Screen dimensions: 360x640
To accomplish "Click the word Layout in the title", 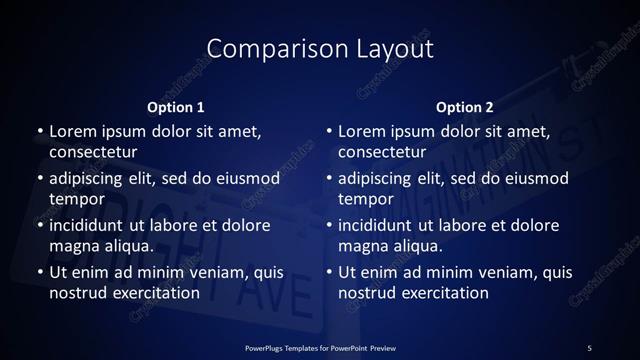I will point(393,48).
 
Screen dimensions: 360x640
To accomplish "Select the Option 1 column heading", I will point(176,107).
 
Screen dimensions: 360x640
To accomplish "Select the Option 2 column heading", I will point(465,107).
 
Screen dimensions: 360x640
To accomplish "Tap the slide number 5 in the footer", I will point(589,347).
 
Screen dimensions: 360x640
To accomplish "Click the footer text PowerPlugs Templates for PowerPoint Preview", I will point(320,347).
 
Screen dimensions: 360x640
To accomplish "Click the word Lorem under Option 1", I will point(73,131).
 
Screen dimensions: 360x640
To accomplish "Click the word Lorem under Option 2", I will point(362,131).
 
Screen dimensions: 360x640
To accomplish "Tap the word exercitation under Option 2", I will point(443,293).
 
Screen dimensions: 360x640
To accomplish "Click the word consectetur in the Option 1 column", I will point(92,153).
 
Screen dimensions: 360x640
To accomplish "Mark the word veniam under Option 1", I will point(215,271).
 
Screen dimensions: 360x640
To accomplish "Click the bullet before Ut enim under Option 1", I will point(39,272).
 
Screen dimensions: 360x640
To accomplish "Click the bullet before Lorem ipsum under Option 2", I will point(328,132).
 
